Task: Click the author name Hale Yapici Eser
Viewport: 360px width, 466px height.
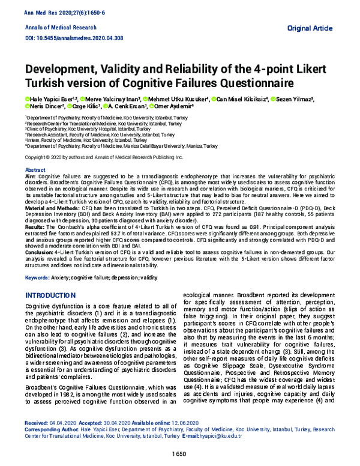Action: point(49,99)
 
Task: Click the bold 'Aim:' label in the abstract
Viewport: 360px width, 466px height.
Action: point(30,176)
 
